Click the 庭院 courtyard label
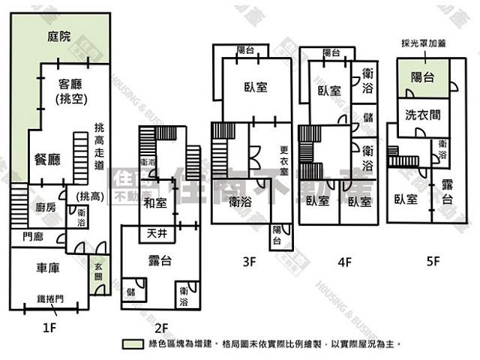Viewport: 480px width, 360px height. pyautogui.click(x=58, y=36)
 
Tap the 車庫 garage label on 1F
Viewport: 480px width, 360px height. pyautogui.click(x=47, y=267)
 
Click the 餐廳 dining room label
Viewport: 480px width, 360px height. pyautogui.click(x=47, y=159)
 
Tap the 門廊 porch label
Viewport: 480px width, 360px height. pyautogui.click(x=32, y=237)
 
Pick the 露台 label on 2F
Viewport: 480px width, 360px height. pyautogui.click(x=163, y=261)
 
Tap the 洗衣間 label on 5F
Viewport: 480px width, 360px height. pyautogui.click(x=422, y=116)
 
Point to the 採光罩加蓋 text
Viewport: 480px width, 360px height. pyautogui.click(x=424, y=44)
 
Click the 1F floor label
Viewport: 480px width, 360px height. pyautogui.click(x=49, y=327)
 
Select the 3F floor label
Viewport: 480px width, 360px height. pyautogui.click(x=250, y=262)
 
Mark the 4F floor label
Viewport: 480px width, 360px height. pyautogui.click(x=344, y=262)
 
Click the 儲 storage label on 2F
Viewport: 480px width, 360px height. pyautogui.click(x=131, y=291)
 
